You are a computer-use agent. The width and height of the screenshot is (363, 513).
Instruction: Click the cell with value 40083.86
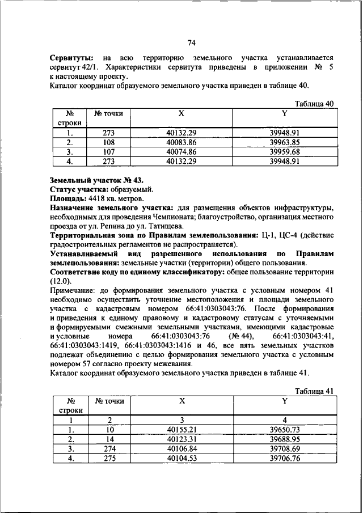click(181, 143)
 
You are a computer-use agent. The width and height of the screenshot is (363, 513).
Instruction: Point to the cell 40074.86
click(181, 152)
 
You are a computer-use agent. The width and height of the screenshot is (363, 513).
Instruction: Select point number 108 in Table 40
click(108, 143)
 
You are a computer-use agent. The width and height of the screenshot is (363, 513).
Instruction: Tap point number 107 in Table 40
click(108, 152)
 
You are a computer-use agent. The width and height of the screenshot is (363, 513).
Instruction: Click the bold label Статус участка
click(78, 189)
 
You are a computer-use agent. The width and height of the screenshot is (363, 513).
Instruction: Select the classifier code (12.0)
click(61, 281)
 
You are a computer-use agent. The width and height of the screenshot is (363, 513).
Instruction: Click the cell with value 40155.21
click(181, 430)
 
